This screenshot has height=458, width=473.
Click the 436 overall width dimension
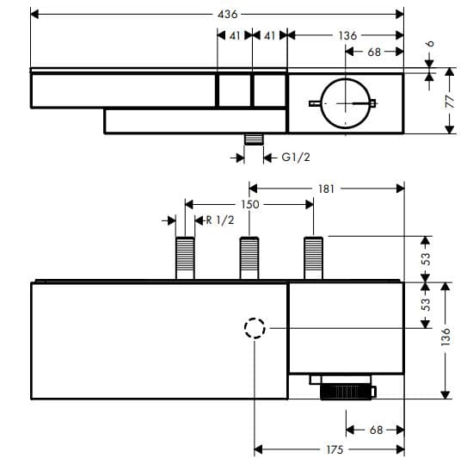click(227, 15)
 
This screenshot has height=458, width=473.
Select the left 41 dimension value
click(234, 36)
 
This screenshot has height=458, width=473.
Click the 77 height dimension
click(448, 101)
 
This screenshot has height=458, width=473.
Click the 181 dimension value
click(326, 188)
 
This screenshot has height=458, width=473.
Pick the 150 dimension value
click(249, 205)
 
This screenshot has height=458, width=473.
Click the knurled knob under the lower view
click(348, 393)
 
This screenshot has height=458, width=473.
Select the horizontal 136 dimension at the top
click(347, 36)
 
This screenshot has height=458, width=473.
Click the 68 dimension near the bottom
click(375, 430)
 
